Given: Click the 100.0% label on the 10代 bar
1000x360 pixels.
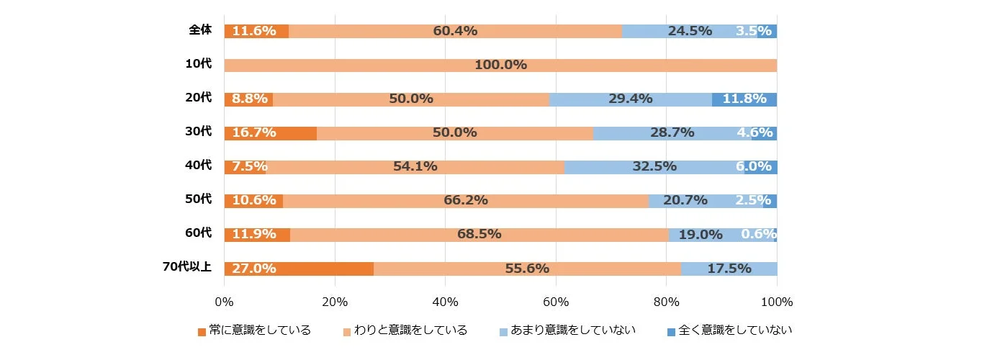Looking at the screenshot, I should tap(500, 65).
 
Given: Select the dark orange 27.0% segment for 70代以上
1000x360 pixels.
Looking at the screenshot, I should tap(299, 269).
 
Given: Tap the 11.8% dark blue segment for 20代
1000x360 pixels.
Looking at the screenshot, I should tap(744, 99).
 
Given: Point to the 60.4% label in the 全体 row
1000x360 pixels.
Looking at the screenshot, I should tap(455, 31).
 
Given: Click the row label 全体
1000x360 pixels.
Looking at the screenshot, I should tap(199, 30).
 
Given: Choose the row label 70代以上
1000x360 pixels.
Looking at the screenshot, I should tap(186, 267).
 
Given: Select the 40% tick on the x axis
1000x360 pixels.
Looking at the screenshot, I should tap(445, 301).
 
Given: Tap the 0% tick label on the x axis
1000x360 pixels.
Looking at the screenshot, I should tap(224, 301).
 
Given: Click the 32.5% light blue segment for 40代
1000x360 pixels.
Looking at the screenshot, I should tap(654, 166).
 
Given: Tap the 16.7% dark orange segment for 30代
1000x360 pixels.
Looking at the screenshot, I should tap(270, 132).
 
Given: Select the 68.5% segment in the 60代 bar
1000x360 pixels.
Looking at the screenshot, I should tap(479, 234).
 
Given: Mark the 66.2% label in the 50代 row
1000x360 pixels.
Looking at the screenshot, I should tap(466, 200).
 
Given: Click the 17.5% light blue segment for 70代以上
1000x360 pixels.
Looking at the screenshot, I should tap(729, 269).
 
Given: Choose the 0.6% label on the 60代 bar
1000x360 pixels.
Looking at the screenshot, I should tap(758, 234).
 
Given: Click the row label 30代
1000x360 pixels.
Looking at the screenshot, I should tap(198, 131).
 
